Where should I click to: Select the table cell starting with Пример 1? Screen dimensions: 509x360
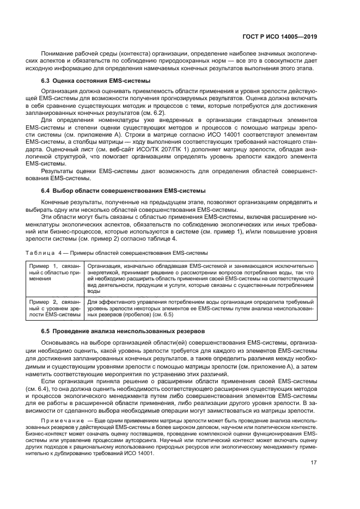(x=55, y=270)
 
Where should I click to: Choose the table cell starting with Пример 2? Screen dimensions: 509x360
(x=55, y=308)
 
